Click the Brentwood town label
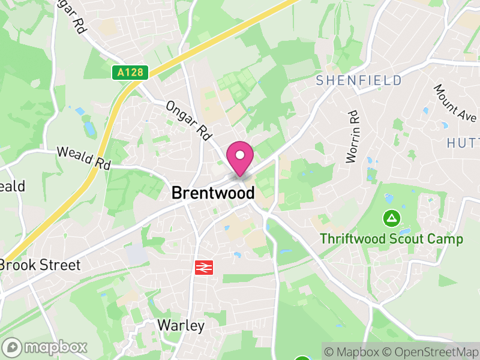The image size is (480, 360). coord(213,193)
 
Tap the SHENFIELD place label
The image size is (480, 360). coord(359,80)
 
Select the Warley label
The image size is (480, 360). coord(181,326)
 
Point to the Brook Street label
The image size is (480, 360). coord(40,265)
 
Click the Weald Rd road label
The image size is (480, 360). coord(85,158)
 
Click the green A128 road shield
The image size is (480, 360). coord(130,73)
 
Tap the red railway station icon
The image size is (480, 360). coord(204,267)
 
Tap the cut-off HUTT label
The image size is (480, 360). coord(463,142)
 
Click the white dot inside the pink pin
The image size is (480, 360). coord(240,155)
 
